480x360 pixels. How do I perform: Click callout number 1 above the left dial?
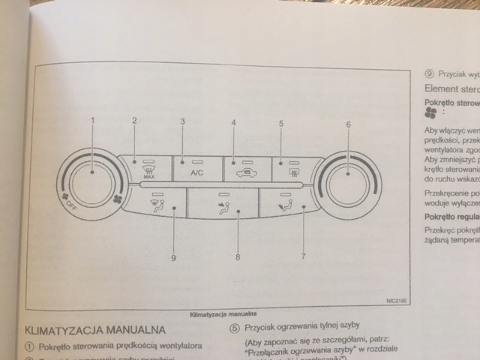pos(93,121)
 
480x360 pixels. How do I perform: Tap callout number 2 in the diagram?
pos(134,121)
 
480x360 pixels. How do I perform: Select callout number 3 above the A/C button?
pos(181,121)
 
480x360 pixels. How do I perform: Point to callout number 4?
pos(233,122)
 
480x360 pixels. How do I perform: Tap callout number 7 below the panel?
pos(303,235)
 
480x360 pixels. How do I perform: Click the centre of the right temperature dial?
pos(348,178)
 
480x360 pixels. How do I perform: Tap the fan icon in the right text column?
pos(430,110)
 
